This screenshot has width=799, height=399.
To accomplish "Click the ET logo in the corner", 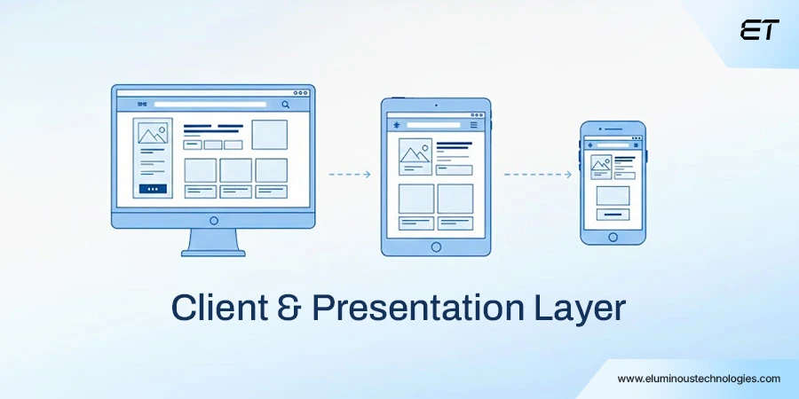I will (x=759, y=30).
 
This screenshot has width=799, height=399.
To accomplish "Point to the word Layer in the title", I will (x=582, y=307).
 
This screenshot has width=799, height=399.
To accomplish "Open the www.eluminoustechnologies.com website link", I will (x=699, y=379).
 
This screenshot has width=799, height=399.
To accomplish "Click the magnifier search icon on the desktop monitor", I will (x=286, y=105).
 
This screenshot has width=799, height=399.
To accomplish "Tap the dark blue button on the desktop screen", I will (x=152, y=189).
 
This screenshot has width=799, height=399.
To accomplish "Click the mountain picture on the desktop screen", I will (x=152, y=134).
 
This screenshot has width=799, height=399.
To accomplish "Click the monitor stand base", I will (x=213, y=252).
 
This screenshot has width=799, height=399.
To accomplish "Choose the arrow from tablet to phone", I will (x=538, y=175).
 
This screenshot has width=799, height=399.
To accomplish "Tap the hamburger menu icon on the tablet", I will (x=474, y=125).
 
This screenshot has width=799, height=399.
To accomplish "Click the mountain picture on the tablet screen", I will (x=415, y=154).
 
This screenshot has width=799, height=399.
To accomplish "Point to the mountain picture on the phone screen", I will (x=601, y=165).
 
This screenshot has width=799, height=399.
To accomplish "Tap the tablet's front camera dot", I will (x=436, y=106).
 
